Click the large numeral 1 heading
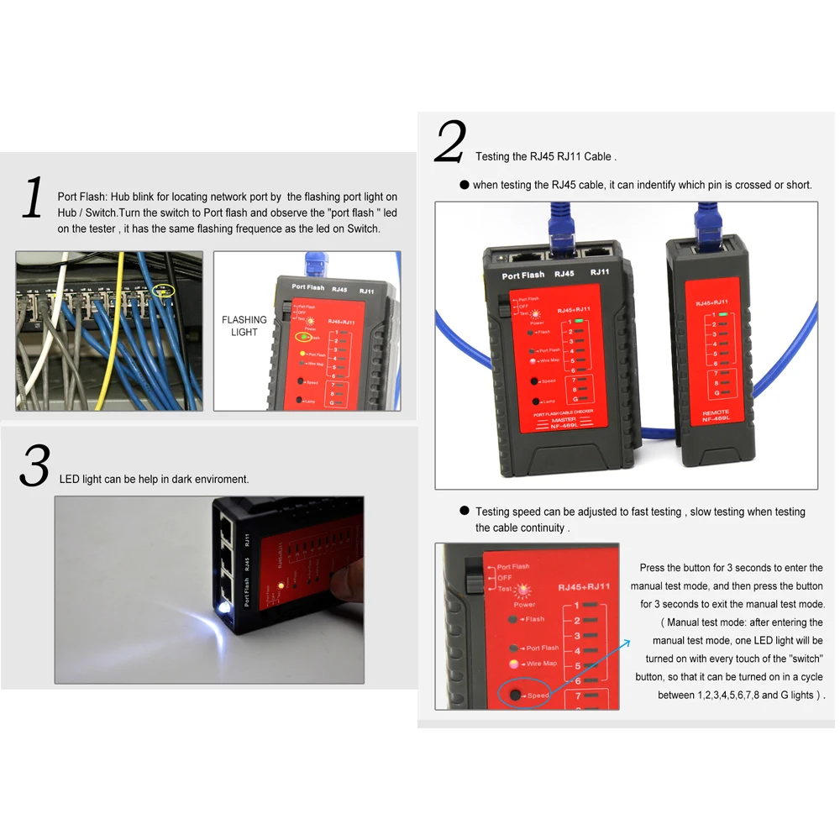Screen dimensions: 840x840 32,199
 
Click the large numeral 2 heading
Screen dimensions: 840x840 449,143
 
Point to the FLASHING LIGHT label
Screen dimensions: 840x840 244,326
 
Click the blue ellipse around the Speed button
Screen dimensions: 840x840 523,695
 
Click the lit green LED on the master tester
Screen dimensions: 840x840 579,321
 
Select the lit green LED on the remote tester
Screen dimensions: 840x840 722,314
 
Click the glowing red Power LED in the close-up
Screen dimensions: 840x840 525,590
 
